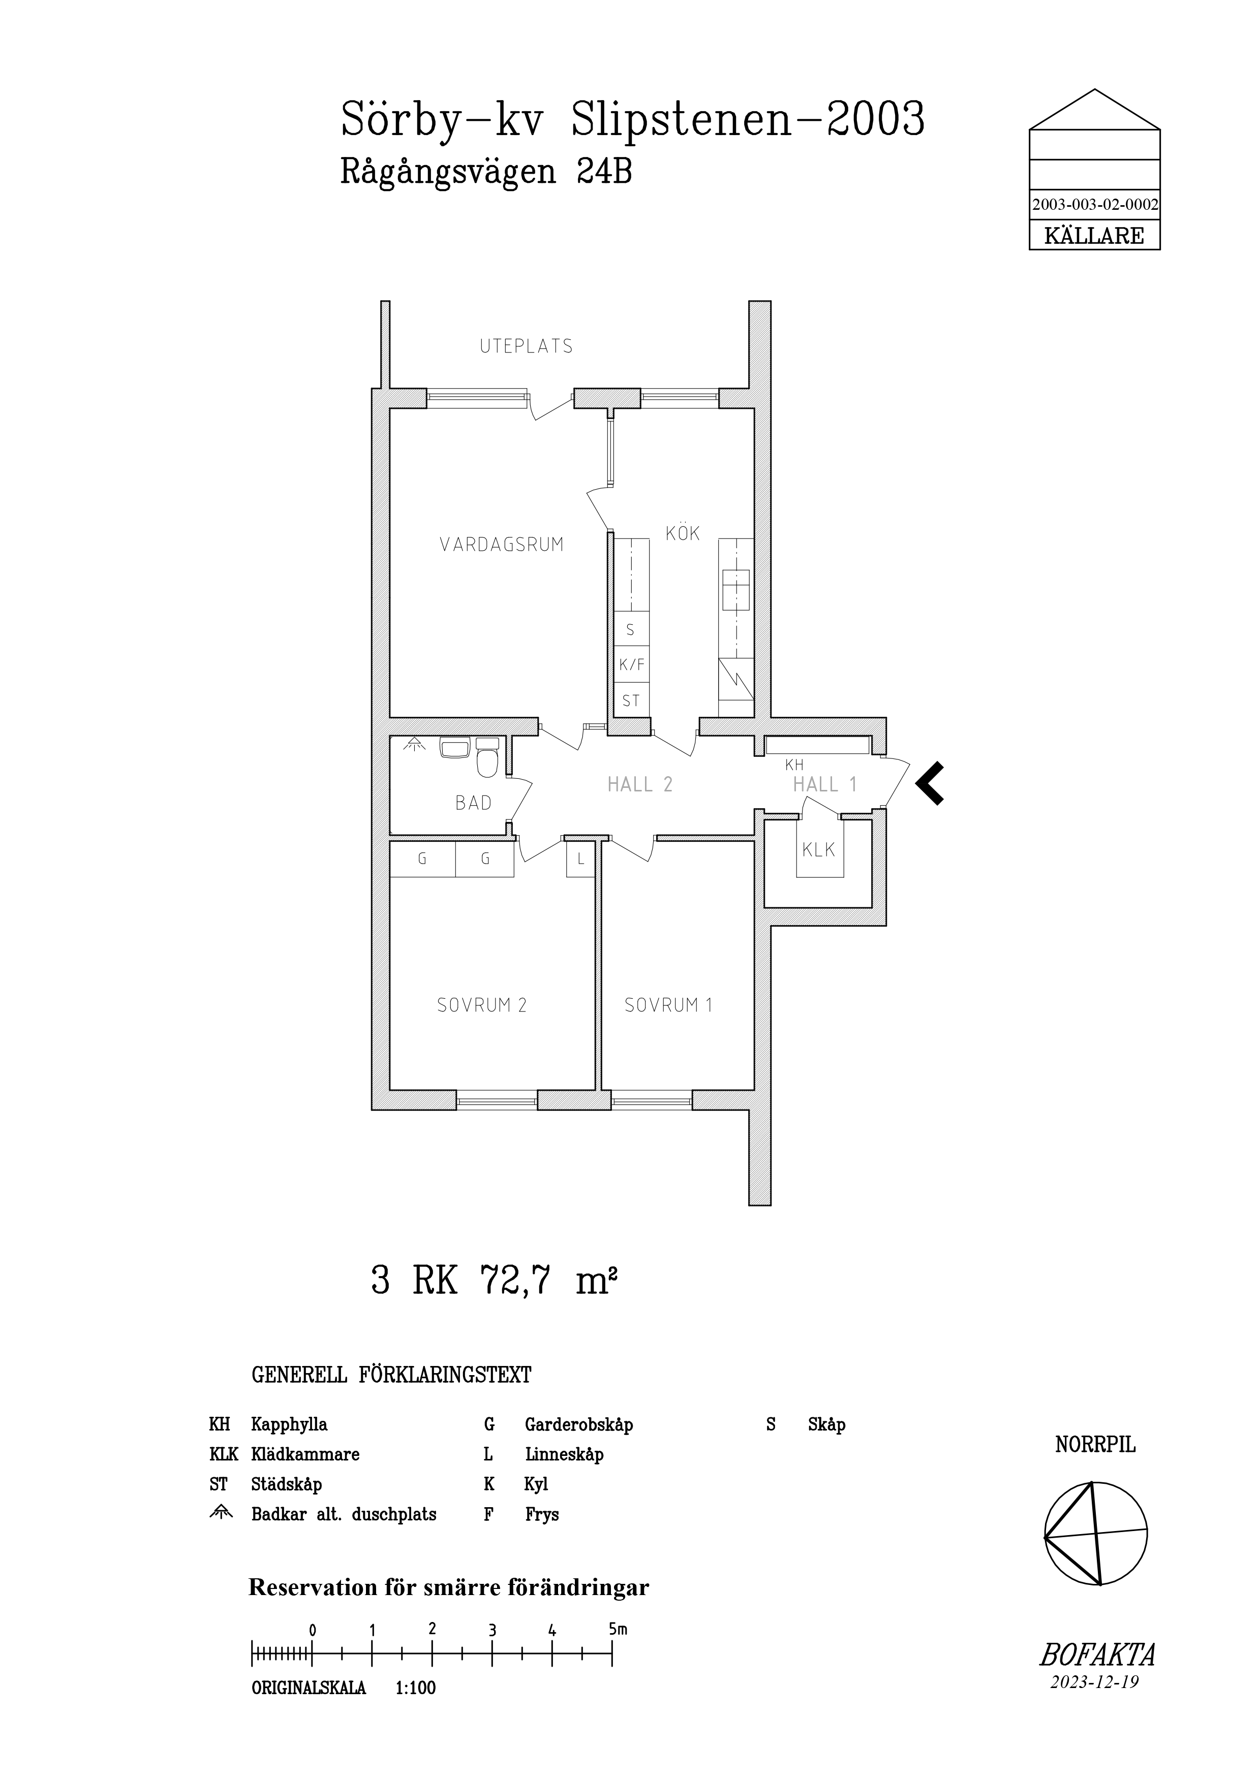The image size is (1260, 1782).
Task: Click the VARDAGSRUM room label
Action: pyautogui.click(x=502, y=545)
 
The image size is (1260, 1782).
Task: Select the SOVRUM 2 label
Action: pyautogui.click(x=481, y=1005)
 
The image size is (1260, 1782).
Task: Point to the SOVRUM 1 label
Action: pyautogui.click(x=668, y=1005)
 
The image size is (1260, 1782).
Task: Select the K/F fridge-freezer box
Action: pyautogui.click(x=631, y=664)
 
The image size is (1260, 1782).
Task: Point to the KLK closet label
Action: pyautogui.click(x=818, y=850)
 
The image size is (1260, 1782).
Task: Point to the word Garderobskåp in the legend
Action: pyautogui.click(x=578, y=1424)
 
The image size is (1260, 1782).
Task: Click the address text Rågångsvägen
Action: pyautogui.click(x=448, y=172)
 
